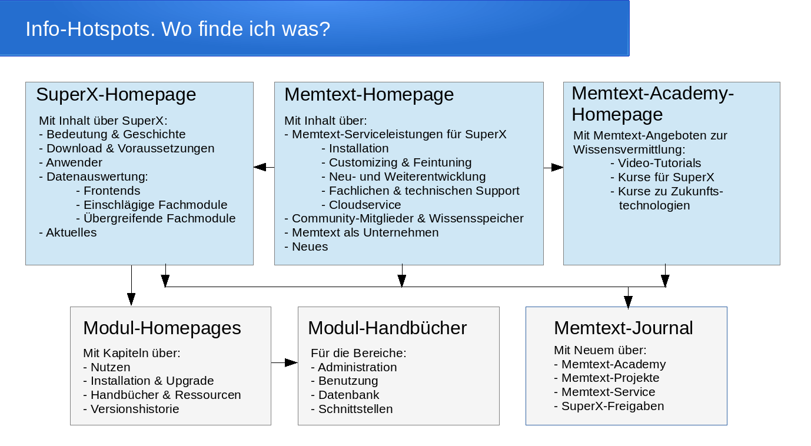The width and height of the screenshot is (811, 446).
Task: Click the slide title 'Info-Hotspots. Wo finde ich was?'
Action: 178,29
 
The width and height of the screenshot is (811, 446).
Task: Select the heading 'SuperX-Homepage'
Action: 116,95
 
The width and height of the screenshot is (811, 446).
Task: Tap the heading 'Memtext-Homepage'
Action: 369,95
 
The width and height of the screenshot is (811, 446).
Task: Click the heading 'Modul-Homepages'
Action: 162,328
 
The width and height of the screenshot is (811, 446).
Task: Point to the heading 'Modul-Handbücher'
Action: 387,328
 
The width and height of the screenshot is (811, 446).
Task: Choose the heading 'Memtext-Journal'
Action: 623,328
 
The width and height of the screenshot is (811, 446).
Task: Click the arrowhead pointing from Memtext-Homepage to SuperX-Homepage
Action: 260,167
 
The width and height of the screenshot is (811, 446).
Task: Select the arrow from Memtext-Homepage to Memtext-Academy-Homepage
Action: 554,167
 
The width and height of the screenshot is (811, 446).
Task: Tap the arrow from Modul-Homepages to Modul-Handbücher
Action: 285,362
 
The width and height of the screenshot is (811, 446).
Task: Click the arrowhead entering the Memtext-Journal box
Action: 628,302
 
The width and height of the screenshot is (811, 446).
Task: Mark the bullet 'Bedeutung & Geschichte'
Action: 112,134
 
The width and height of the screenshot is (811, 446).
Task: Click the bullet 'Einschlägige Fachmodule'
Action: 152,205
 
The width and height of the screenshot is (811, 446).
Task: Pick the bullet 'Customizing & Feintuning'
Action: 397,162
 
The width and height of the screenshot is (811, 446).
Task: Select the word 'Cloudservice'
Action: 365,205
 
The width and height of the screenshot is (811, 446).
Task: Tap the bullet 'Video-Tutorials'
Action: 656,163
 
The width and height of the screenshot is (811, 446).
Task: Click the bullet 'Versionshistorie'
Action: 131,409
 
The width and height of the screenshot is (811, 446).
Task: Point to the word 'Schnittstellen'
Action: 355,409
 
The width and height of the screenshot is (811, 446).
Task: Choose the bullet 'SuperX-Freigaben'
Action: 609,406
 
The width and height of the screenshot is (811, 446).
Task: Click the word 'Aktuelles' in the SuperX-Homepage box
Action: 71,232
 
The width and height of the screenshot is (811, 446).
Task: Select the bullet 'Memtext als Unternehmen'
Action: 361,232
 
